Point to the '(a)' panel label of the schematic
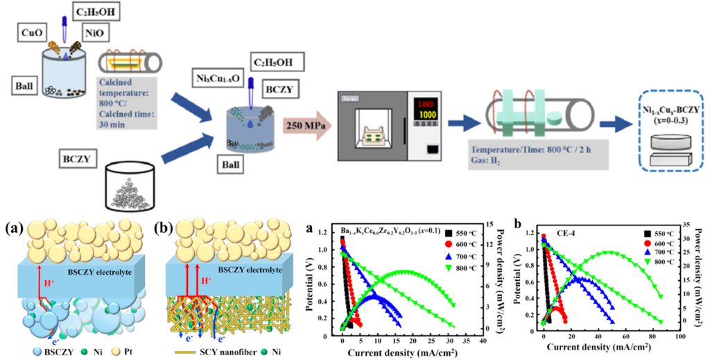[x=14, y=228]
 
